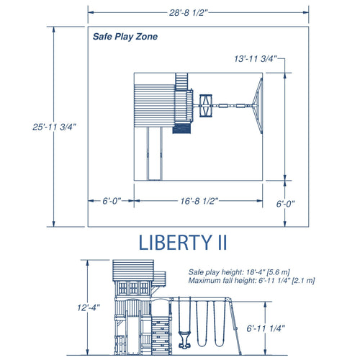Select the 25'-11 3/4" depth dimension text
pyautogui.click(x=54, y=126)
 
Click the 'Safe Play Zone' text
pyautogui.click(x=125, y=37)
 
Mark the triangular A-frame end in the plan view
pyautogui.click(x=256, y=107)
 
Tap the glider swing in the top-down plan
pyautogui.click(x=204, y=107)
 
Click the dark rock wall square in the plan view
pyautogui.click(x=182, y=130)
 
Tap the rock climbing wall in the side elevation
pyautogui.click(x=160, y=334)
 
